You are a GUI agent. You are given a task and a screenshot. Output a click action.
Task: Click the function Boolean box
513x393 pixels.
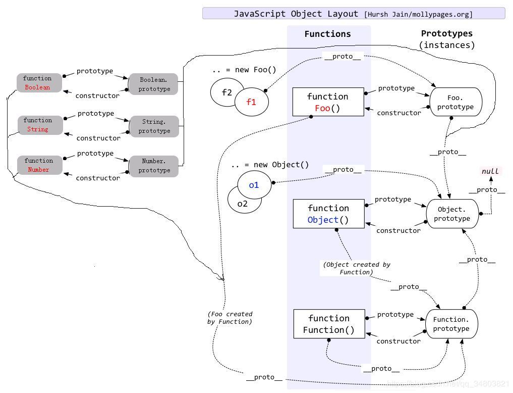[x=39, y=83]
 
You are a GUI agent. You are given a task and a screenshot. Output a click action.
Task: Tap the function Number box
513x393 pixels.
[x=40, y=165]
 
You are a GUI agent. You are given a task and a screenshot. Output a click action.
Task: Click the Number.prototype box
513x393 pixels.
[x=154, y=166]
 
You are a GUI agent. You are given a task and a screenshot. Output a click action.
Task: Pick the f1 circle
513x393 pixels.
[x=251, y=102]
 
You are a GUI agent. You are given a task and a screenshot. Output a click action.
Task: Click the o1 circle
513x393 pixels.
[x=254, y=185]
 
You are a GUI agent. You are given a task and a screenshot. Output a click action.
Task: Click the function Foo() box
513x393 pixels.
[x=328, y=102]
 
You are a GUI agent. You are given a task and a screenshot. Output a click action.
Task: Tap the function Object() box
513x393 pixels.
[x=328, y=214]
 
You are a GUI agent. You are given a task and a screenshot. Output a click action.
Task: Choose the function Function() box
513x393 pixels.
[x=329, y=324]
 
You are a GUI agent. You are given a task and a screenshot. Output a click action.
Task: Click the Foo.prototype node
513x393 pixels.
[x=455, y=102]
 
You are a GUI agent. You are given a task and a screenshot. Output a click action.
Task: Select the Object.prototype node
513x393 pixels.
[x=452, y=214]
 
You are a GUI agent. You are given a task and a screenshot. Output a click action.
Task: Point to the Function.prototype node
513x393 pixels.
[x=451, y=324]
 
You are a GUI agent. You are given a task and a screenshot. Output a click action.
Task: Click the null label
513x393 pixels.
[x=490, y=171]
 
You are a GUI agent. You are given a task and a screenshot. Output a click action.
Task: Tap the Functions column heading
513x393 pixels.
[x=327, y=34]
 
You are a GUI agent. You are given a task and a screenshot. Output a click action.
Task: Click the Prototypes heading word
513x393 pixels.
[x=447, y=33]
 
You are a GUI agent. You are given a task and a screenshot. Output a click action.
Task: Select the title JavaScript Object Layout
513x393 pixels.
[x=296, y=14]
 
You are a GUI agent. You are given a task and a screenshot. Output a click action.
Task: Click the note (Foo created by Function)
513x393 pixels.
[x=230, y=318]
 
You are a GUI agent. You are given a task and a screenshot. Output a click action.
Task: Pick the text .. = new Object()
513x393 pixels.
[x=270, y=165]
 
